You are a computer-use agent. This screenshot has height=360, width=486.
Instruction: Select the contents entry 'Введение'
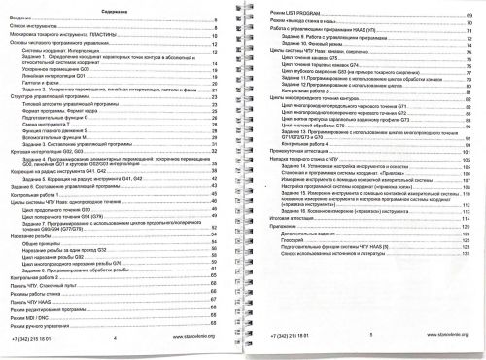click(22, 18)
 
